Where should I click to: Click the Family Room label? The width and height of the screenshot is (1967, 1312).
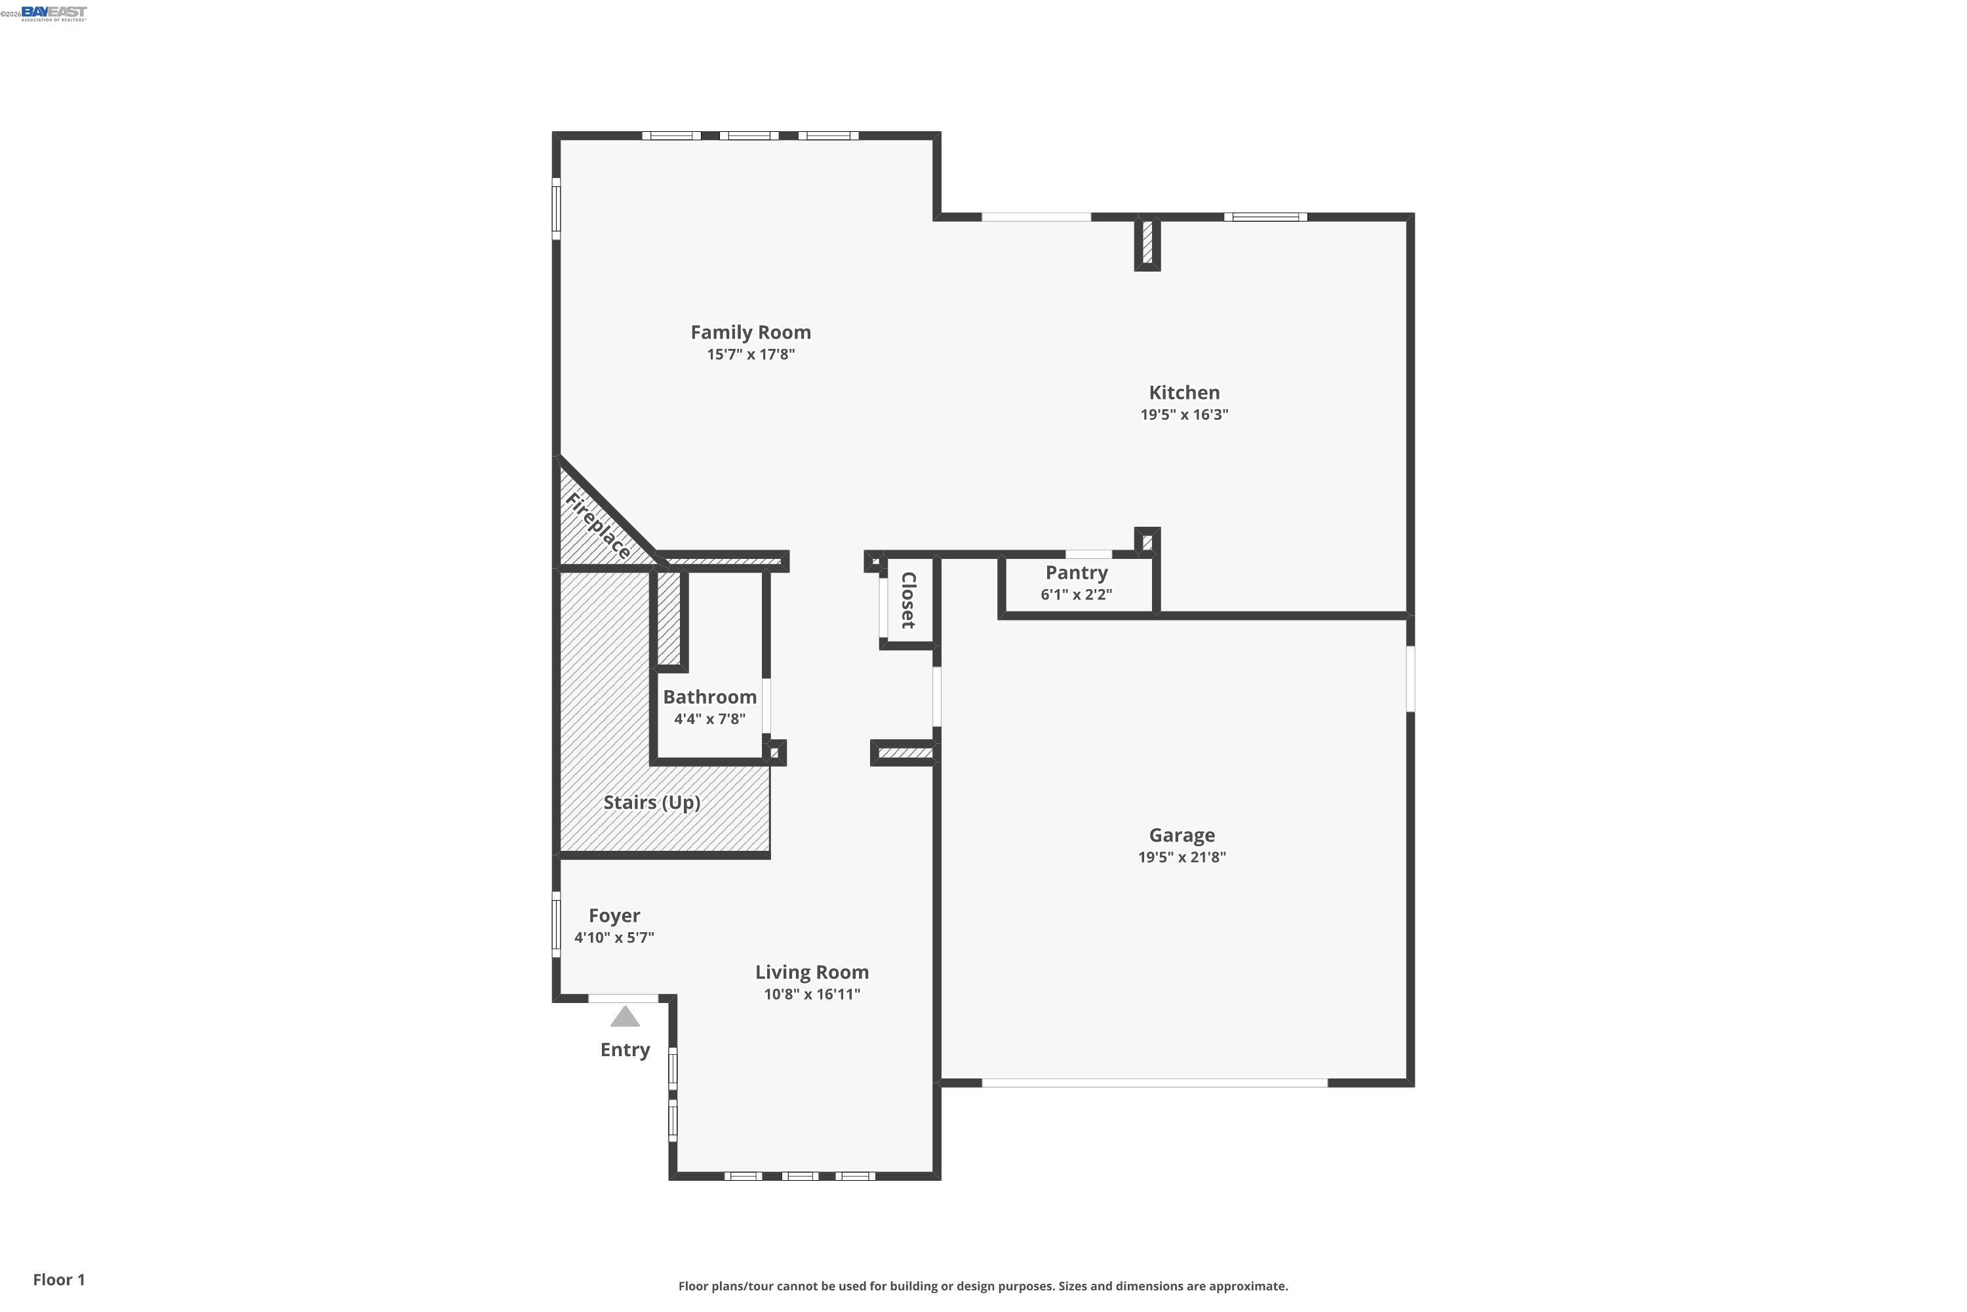pos(750,332)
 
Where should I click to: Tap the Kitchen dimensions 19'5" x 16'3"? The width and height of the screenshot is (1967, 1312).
pos(1183,414)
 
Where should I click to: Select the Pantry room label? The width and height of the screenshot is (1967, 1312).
pos(1077,573)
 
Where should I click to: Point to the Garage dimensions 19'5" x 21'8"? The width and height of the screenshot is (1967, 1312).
pos(1181,857)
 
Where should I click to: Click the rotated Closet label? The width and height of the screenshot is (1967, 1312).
pos(908,600)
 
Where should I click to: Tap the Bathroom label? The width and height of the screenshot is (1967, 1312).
pos(709,697)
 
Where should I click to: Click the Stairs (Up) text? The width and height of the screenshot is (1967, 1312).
pos(652,802)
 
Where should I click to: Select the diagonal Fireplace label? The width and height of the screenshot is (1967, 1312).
pos(598,526)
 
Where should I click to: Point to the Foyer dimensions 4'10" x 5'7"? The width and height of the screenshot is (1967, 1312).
pos(614,937)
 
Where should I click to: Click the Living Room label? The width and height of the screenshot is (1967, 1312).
pos(811,972)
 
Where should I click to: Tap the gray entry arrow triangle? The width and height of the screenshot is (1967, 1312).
pos(625,1017)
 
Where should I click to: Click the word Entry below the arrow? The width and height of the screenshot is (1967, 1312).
pos(625,1050)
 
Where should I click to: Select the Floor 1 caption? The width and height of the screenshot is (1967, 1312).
pos(58,1279)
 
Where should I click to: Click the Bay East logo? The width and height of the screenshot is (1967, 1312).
pos(54,12)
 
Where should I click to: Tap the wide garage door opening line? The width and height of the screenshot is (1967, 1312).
pos(1154,1083)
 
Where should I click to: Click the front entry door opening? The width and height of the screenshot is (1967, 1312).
pos(623,998)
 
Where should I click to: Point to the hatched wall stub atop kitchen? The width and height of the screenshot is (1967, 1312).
pos(1147,242)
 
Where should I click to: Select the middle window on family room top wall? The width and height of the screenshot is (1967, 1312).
pos(749,136)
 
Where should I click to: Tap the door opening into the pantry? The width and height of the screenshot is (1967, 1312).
pos(1088,554)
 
